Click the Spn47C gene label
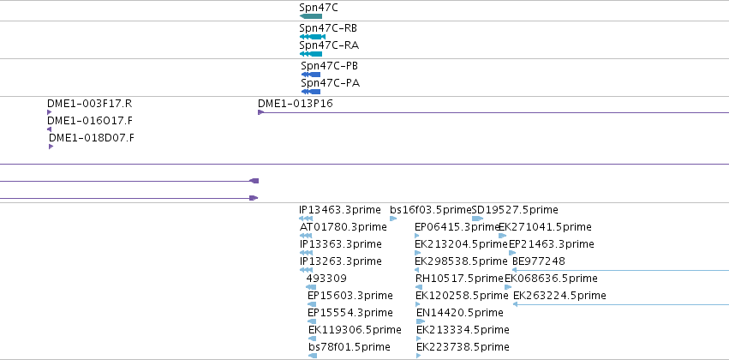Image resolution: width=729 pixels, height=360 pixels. (x=319, y=8)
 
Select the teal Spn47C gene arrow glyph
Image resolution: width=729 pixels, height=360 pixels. (x=311, y=16)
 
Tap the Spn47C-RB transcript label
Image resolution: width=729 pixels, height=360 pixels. (x=328, y=28)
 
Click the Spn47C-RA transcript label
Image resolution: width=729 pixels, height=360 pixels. (x=329, y=45)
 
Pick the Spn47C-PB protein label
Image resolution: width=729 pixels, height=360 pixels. (x=329, y=66)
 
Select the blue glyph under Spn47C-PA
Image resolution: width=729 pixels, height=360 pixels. (x=311, y=92)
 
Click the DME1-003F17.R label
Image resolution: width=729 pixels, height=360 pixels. (x=89, y=103)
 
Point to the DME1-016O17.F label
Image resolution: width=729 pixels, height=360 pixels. (x=90, y=121)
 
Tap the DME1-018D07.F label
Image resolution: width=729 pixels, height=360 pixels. (x=91, y=138)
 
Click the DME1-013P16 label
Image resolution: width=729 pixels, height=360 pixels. (x=296, y=103)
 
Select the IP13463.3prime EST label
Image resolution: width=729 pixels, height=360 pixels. (x=340, y=210)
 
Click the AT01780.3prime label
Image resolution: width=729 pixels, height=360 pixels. (x=344, y=227)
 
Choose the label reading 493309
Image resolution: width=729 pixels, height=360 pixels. (x=326, y=278)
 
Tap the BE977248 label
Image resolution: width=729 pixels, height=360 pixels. (x=538, y=261)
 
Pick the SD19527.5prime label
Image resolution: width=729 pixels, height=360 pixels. (x=515, y=210)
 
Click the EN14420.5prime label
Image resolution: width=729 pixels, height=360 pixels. (x=459, y=313)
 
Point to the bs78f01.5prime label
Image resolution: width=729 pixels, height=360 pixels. (x=350, y=347)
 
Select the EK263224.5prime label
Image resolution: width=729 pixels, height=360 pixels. (x=559, y=296)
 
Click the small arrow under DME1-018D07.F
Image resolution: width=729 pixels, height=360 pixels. (x=51, y=147)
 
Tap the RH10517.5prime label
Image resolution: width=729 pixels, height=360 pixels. (x=459, y=278)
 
